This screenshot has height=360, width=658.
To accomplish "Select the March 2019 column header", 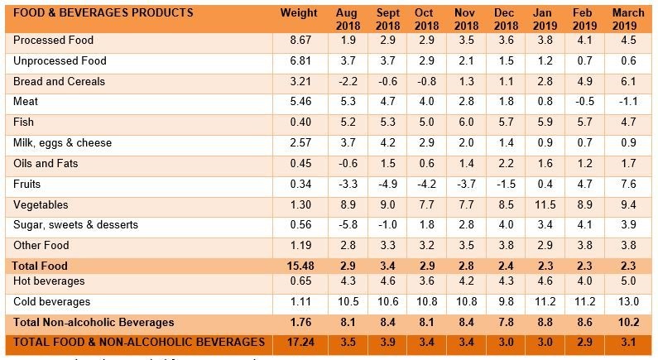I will coord(628,19).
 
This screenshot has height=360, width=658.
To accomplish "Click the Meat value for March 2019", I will coord(629,102).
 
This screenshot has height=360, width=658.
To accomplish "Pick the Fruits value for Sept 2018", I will coord(388,184).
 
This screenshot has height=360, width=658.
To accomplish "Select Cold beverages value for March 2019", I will coord(629,302).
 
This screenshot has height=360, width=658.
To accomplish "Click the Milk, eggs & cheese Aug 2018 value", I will coord(348,143).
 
